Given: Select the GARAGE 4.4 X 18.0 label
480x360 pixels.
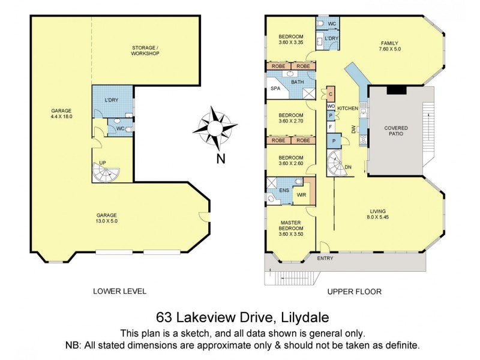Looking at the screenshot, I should [x=62, y=113].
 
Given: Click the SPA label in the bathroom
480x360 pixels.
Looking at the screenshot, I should [x=275, y=88].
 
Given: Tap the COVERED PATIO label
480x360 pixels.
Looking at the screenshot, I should [x=397, y=131].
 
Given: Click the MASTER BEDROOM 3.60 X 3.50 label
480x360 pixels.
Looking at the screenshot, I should [x=291, y=227].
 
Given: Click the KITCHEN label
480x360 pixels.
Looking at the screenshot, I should [x=347, y=108].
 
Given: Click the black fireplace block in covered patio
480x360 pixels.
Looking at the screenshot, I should [x=396, y=90].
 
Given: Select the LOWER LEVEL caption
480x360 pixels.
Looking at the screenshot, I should [x=119, y=291].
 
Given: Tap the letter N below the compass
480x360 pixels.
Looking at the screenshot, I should [x=220, y=159].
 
